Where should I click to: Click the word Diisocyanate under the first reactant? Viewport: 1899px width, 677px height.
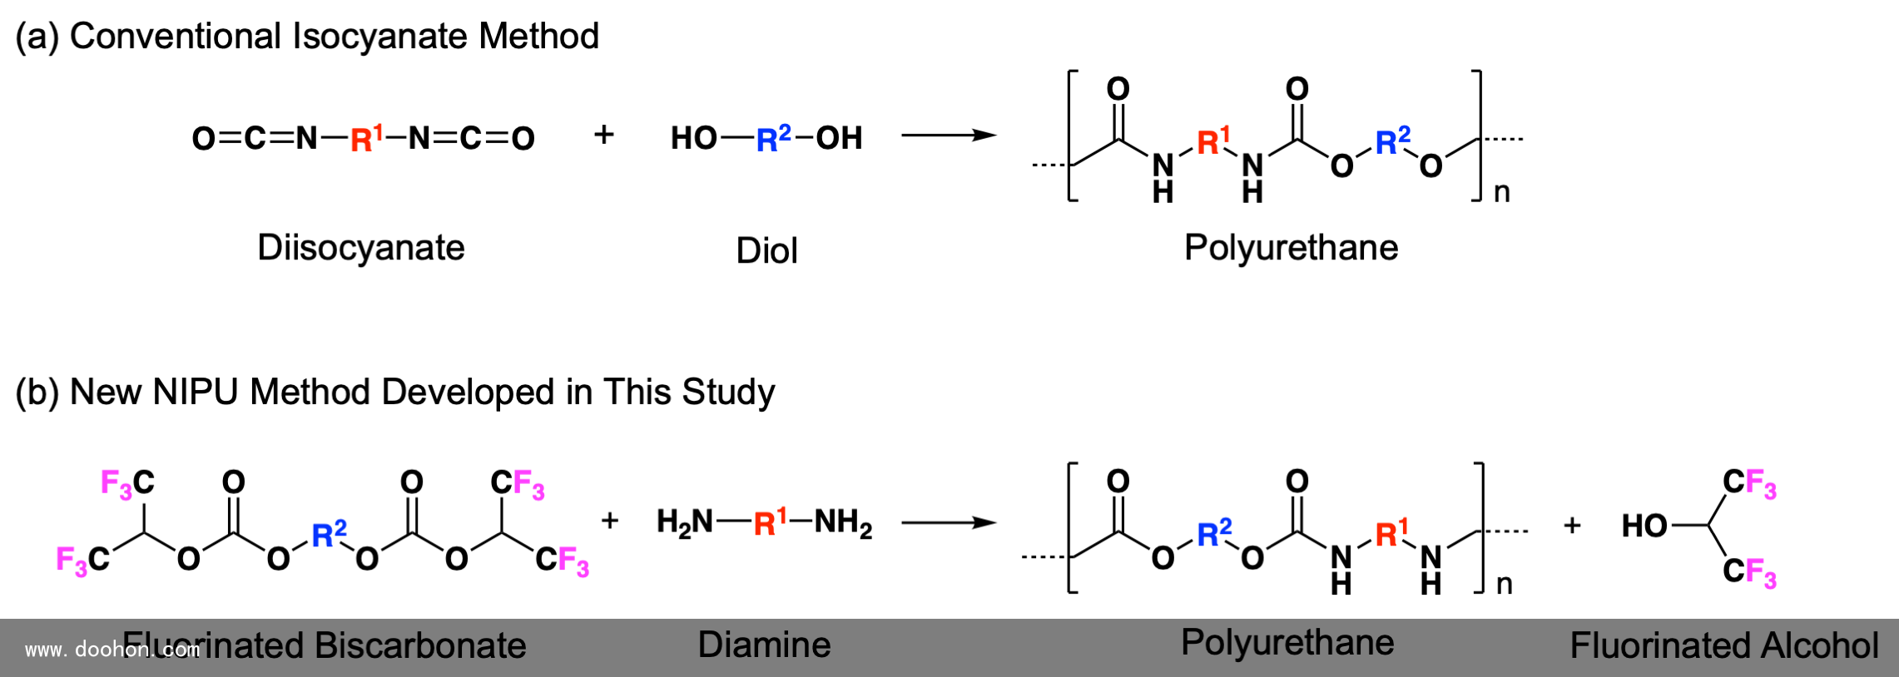click(x=360, y=248)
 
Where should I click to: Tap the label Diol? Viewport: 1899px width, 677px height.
click(x=766, y=250)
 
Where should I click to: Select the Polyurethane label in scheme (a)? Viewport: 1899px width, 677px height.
click(x=1291, y=248)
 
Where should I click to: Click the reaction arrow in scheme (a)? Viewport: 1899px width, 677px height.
click(x=949, y=135)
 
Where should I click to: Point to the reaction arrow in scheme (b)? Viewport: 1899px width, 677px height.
click(x=949, y=522)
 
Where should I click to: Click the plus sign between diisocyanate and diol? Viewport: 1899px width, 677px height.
click(x=604, y=134)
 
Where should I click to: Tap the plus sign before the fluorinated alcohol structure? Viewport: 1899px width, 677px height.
click(x=1572, y=526)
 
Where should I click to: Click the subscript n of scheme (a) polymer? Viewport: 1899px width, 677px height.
click(x=1502, y=192)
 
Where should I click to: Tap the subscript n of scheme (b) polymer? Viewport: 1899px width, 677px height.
click(x=1505, y=584)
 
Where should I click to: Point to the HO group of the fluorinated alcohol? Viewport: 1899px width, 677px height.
click(x=1644, y=526)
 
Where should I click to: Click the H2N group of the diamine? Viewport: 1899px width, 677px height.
click(x=684, y=522)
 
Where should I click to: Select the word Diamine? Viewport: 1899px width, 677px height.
click(x=764, y=645)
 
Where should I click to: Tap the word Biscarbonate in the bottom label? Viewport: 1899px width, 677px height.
click(x=419, y=645)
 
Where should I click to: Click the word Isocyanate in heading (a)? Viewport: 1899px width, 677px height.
click(x=380, y=37)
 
